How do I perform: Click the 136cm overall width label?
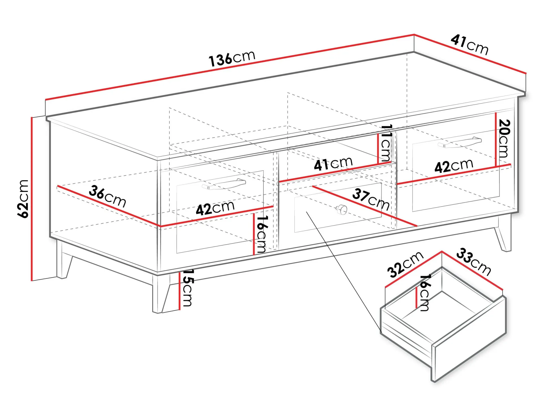coord(232,58)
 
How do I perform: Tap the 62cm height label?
coord(23,199)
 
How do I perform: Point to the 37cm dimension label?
coord(371,199)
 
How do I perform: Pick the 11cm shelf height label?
coord(386,143)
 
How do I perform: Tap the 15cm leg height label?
coord(187,288)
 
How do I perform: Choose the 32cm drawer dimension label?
coord(405,264)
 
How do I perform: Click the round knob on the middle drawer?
coord(342,210)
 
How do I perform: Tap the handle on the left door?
coord(224,184)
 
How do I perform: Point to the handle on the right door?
coord(460,142)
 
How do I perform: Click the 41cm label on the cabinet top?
coord(469,45)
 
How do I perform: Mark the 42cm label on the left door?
coord(215,208)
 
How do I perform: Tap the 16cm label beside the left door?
coord(261,234)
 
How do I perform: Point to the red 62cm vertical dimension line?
coord(32,199)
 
